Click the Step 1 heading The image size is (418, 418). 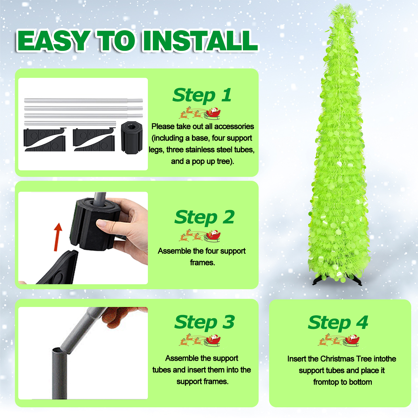click(x=202, y=95)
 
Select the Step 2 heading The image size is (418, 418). click(x=204, y=217)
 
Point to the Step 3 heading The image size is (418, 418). click(x=204, y=322)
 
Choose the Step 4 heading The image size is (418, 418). click(x=338, y=323)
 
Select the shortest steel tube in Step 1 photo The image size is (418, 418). click(x=70, y=123)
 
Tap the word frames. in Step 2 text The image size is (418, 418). click(x=202, y=263)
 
